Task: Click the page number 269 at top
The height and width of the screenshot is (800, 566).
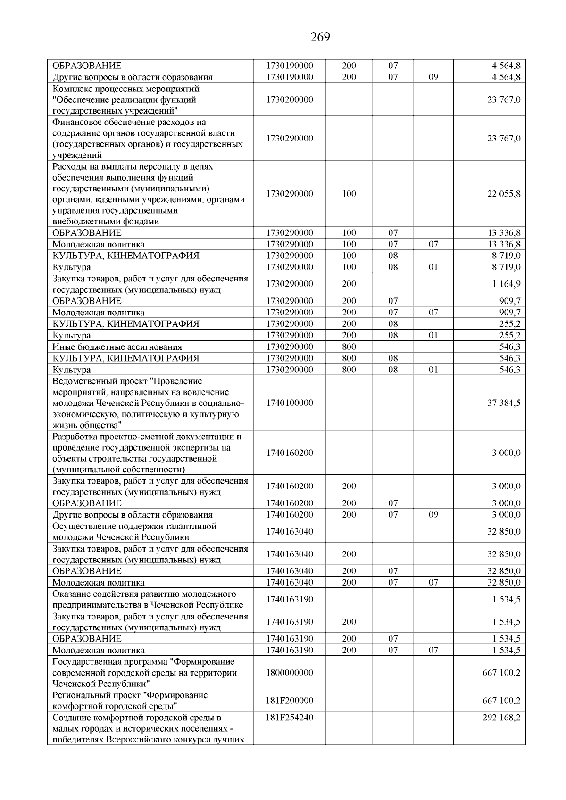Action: coord(320,37)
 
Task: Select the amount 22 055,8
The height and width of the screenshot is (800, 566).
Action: coord(504,194)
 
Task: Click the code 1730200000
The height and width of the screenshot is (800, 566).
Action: coord(289,100)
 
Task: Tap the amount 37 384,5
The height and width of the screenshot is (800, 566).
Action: coord(504,403)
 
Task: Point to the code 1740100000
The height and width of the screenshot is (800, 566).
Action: coord(289,403)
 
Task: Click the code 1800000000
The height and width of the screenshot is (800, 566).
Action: coord(289,673)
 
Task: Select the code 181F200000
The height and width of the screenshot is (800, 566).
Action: coord(289,701)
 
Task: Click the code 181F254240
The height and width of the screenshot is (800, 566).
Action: coord(289,718)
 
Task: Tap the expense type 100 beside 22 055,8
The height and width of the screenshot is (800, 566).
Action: coord(349,194)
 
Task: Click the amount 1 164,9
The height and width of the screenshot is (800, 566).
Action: coord(506,284)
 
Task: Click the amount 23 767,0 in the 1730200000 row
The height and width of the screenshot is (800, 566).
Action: coord(504,100)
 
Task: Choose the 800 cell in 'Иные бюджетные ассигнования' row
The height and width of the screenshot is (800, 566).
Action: coord(349,347)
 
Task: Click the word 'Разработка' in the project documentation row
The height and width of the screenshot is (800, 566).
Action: coord(75,437)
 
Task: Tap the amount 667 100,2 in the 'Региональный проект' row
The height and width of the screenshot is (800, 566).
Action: coord(501,701)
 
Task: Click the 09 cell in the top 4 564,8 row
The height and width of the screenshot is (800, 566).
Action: coord(433,77)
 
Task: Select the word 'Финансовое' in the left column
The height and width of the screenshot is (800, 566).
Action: coord(75,122)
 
